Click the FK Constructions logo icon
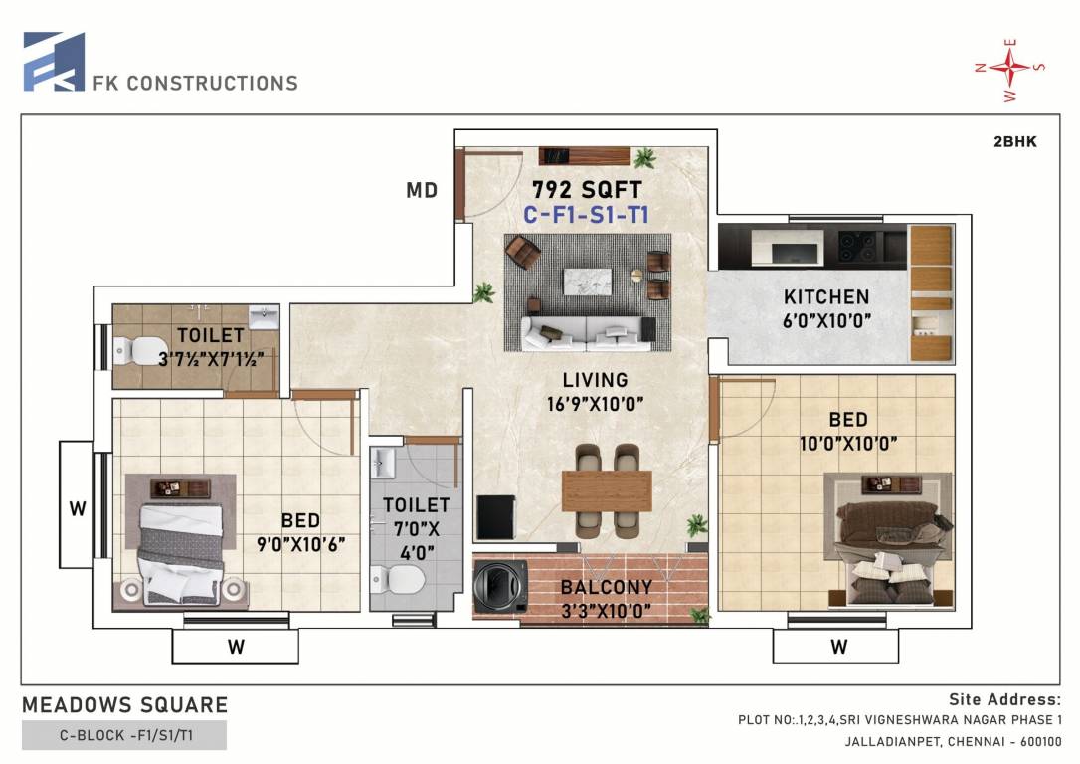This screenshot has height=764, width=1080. pos(54,62)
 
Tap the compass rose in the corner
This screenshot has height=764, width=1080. pos(1010,68)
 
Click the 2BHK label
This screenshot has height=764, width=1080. pos(1014,142)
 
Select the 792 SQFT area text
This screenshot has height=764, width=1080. pos(586,189)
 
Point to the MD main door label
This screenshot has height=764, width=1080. pos(422,190)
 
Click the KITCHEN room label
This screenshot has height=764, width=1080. pos(825,296)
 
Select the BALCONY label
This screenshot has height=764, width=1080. pos(606,587)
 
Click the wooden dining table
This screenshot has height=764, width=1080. pos(607,490)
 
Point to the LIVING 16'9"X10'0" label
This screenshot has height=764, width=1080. pos(594,391)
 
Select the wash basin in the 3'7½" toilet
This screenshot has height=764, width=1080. pos(265,318)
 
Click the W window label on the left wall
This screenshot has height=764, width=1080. pos(76,509)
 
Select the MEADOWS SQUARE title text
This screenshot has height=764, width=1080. pos(125,705)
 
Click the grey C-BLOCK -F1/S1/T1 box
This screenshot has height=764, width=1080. pos(124,736)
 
